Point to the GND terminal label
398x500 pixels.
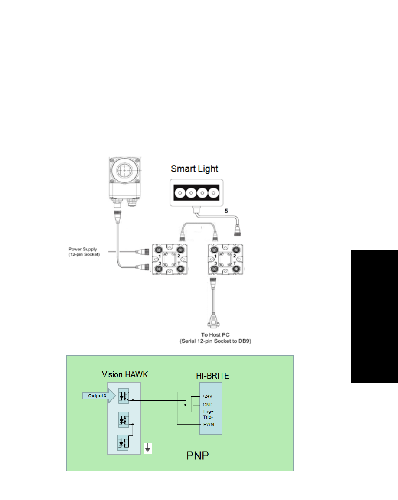pyautogui.click(x=207, y=404)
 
